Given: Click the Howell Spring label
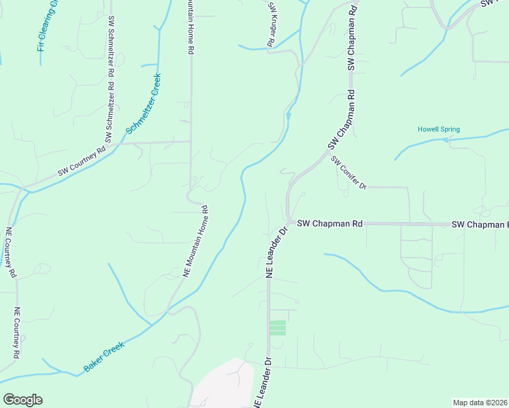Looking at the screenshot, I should (438, 129).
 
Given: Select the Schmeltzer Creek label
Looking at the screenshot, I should (143, 103).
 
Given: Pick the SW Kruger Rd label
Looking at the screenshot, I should (270, 24).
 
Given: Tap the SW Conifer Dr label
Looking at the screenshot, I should (348, 172).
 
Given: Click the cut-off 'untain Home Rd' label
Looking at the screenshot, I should (190, 27).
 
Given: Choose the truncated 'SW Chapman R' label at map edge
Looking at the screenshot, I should (479, 224).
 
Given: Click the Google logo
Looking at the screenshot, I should (22, 400).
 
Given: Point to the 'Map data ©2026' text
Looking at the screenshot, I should (480, 403).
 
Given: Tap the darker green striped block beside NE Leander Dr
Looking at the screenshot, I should (278, 328).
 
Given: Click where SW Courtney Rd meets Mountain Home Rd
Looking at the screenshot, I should (190, 142).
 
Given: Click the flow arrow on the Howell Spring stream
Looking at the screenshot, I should (444, 140).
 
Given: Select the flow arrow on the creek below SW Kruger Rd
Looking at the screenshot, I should (289, 116).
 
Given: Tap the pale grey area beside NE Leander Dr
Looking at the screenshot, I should (221, 384).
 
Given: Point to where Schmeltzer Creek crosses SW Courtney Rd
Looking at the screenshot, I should (122, 143).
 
